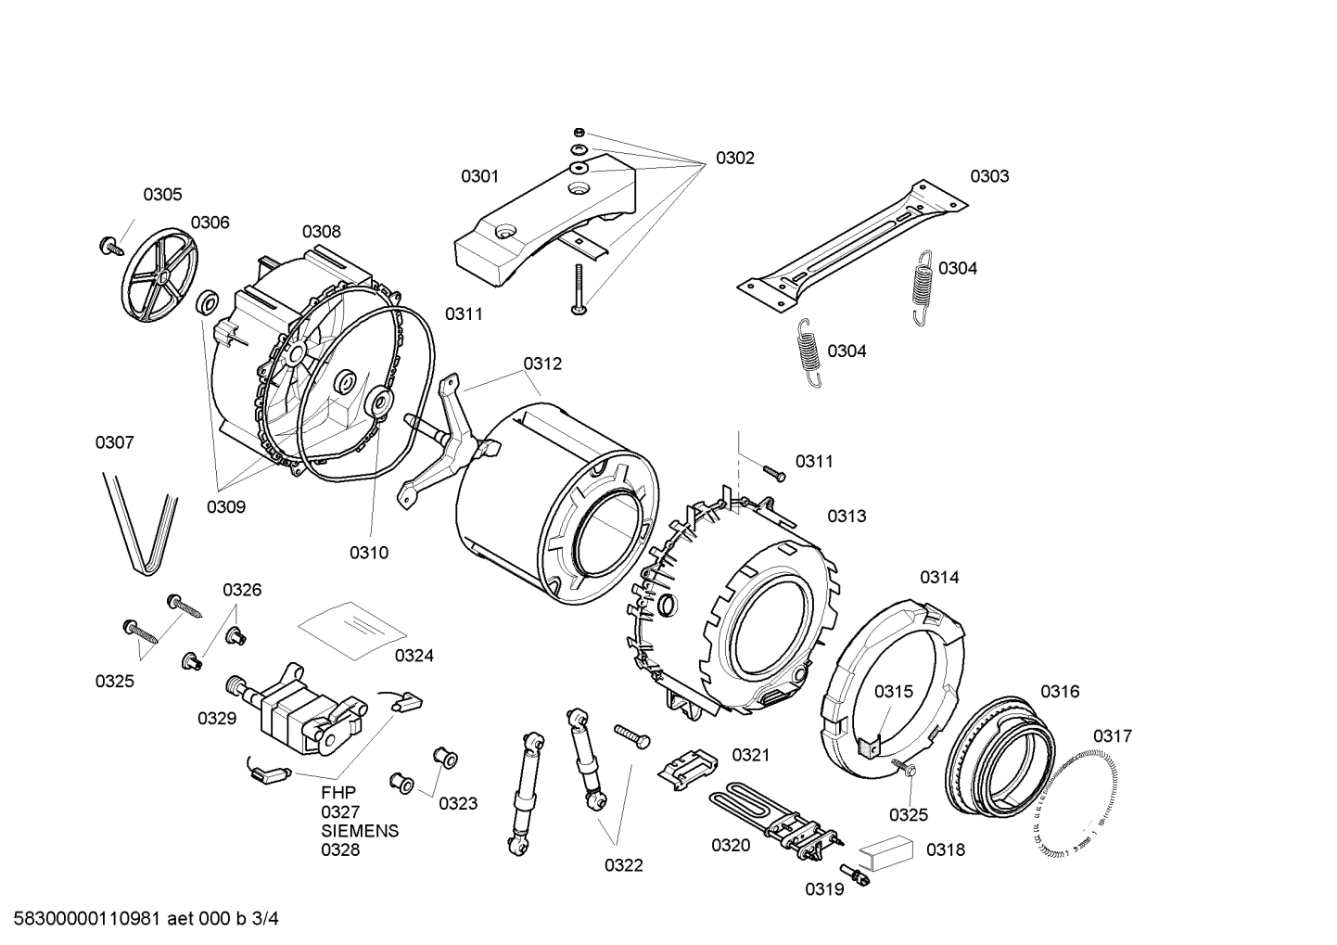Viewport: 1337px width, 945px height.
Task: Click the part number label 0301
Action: coord(479,176)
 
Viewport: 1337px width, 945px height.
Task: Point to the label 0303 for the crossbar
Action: coord(989,176)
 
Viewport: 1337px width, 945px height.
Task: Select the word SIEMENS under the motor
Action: coord(360,831)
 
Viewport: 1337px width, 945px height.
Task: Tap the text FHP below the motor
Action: coord(338,793)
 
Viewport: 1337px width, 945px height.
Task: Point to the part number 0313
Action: coord(847,516)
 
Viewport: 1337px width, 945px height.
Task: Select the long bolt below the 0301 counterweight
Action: coord(579,288)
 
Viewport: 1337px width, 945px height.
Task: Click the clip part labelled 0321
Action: coord(689,765)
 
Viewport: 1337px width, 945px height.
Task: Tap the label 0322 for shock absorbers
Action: coord(624,865)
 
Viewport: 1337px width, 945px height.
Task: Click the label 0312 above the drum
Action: coord(542,364)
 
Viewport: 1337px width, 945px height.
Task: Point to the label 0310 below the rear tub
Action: coord(369,553)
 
